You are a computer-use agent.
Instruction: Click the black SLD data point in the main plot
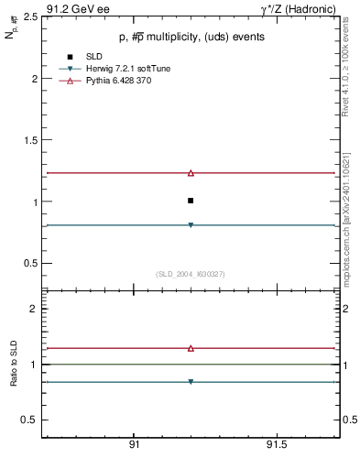[x=191, y=200]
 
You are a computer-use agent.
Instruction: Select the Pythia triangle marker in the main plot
[x=191, y=172]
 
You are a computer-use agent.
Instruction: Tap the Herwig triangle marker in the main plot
[x=191, y=224]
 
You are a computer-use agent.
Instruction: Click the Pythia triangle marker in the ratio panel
[x=191, y=348]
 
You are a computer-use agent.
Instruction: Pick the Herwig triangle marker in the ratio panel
[x=191, y=381]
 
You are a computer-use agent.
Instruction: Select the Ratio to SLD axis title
[x=14, y=364]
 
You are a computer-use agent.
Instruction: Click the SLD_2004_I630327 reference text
[x=191, y=274]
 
